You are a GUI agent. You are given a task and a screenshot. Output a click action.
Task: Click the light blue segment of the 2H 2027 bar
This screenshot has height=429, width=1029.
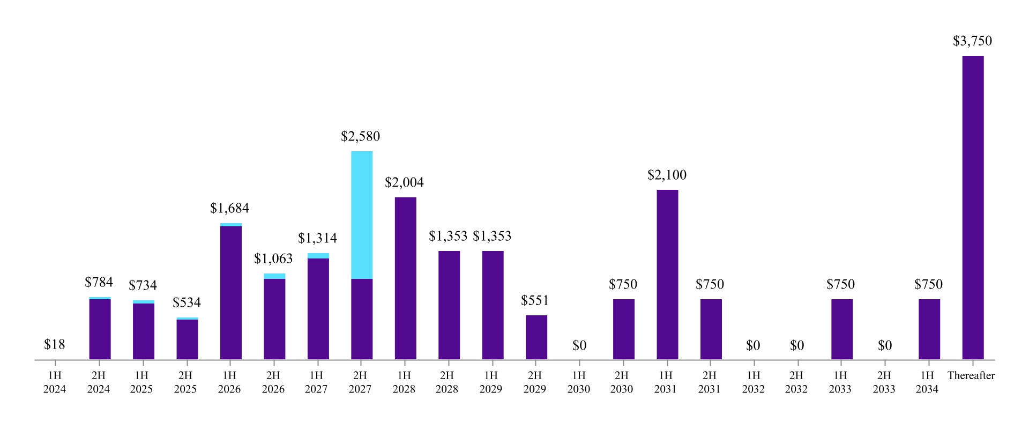coord(362,214)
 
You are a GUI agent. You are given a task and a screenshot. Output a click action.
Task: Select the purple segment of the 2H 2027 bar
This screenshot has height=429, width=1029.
coord(362,319)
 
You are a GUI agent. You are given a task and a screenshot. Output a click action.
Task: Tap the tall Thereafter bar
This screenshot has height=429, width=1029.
coord(973,209)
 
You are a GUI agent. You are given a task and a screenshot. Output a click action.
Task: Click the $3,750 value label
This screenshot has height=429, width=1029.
coord(972,41)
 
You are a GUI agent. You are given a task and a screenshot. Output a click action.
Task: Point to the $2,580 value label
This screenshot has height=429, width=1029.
coord(360,137)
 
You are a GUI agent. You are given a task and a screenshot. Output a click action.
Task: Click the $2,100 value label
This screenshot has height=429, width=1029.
coord(667,175)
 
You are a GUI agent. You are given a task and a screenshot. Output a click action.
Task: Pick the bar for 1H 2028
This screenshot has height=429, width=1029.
coord(405,279)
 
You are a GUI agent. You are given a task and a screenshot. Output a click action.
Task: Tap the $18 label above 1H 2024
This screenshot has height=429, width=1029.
coord(55,345)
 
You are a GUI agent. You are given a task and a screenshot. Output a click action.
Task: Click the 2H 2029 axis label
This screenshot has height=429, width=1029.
coord(534,382)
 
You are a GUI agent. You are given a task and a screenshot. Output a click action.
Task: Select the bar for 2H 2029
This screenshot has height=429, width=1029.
coord(536,337)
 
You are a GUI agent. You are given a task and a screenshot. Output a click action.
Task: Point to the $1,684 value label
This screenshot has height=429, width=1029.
coord(229,209)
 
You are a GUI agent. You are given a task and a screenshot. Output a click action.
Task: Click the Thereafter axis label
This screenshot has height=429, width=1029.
coord(971,376)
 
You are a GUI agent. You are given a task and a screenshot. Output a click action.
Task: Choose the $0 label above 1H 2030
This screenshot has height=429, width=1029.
coord(579,346)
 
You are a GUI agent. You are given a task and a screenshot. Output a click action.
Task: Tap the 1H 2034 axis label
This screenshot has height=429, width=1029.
coord(927,382)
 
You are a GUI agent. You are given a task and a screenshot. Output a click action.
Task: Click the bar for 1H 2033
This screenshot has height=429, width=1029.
coord(842,329)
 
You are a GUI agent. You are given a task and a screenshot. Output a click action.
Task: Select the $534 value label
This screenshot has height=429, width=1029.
coord(187,303)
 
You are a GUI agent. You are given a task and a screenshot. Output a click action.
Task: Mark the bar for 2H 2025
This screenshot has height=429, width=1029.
coord(187,339)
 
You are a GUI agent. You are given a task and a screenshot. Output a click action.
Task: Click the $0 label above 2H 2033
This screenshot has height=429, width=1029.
coord(885,346)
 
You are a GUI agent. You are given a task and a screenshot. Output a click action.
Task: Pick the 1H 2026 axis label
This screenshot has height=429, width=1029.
coord(229,382)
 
